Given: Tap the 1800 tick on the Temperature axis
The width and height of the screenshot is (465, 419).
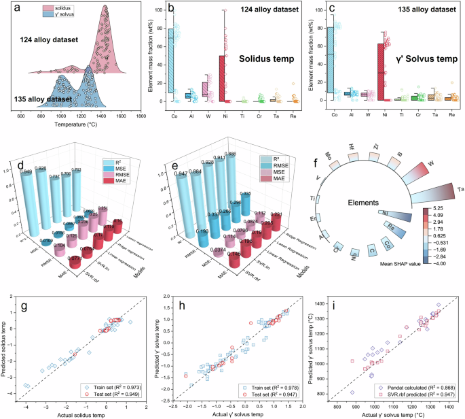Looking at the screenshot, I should [141, 116].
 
